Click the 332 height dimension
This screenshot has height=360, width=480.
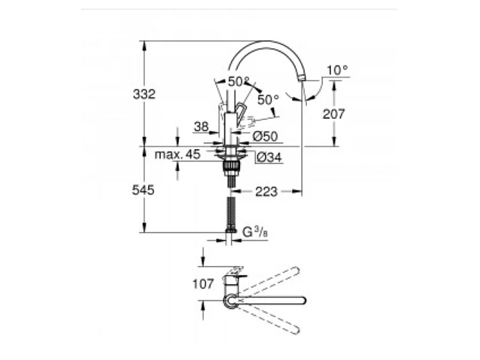coord(144,94)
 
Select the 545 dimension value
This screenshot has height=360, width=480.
coord(143,190)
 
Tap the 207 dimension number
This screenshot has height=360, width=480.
coord(334,114)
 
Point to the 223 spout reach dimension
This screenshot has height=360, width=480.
coord(266,192)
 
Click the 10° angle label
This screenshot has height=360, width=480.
coord(337,70)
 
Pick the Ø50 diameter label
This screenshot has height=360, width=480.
coord(265,136)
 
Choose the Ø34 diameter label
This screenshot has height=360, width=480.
coord(269,157)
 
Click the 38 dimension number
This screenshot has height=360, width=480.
coord(202,127)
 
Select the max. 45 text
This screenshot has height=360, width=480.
coord(178,154)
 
